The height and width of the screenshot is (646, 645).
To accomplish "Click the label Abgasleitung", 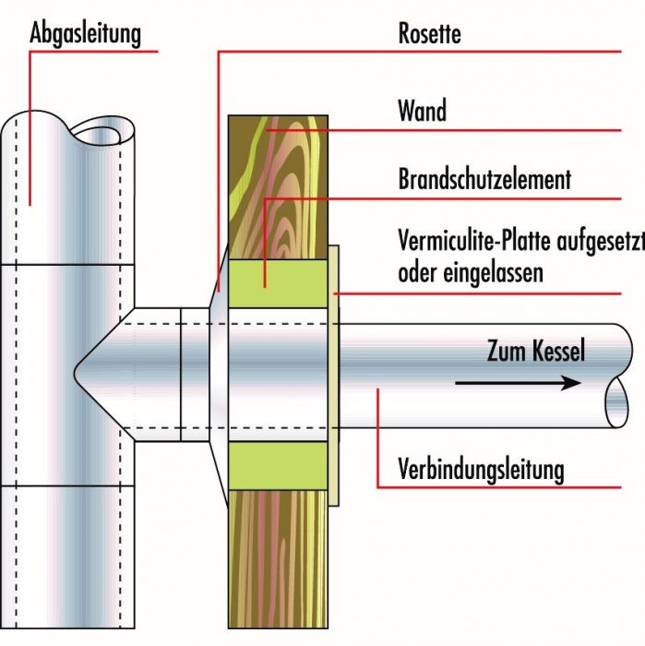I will point(86,35).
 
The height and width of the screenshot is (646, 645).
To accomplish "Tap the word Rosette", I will point(429,35).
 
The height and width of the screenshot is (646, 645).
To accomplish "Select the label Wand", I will point(422,112).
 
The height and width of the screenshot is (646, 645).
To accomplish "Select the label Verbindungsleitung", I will point(481,469).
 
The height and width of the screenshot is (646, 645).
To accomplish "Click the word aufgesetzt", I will point(600,242).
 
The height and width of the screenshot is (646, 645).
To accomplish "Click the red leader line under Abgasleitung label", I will point(30,129).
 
